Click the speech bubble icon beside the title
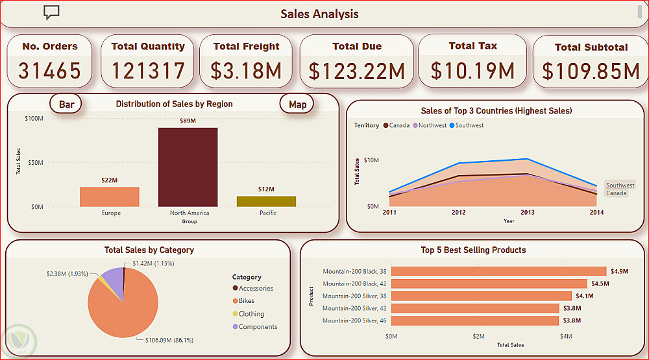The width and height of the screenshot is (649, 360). [51, 12]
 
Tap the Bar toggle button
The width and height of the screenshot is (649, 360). [66, 104]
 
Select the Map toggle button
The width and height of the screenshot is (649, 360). [297, 104]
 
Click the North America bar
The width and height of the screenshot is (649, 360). [188, 167]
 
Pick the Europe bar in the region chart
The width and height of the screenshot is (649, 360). [109, 197]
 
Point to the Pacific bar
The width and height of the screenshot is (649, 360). [266, 201]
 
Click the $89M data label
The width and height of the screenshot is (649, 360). [188, 121]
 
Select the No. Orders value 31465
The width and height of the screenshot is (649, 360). [49, 70]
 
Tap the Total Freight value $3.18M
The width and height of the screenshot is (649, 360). [247, 70]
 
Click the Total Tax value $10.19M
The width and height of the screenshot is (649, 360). [472, 70]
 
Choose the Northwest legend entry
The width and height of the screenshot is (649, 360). [432, 125]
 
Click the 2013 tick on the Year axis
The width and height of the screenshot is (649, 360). [527, 212]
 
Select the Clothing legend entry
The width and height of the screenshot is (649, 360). [251, 314]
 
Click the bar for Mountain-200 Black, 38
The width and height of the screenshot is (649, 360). [498, 272]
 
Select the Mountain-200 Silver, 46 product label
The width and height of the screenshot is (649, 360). [354, 320]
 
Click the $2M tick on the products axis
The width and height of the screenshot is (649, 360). [478, 336]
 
